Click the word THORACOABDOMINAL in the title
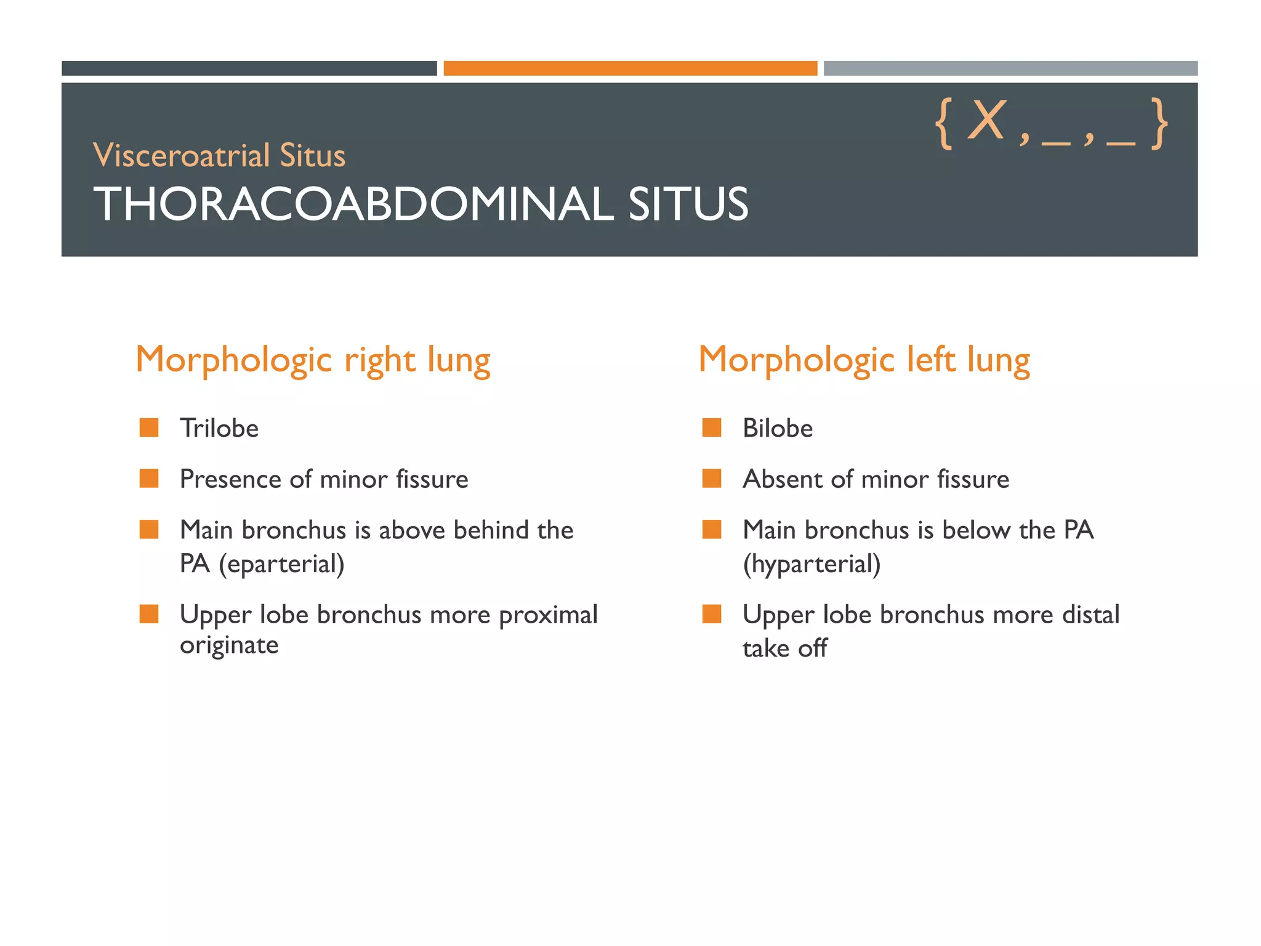[353, 204]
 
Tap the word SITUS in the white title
[688, 204]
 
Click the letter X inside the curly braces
[986, 121]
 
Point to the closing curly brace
[1160, 124]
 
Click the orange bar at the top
[630, 68]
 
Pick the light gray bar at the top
[1010, 68]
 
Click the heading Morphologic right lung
[313, 360]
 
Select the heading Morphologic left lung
[864, 360]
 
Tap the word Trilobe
[219, 429]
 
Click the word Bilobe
[778, 429]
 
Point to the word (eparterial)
[281, 564]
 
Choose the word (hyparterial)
[812, 564]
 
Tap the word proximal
[548, 615]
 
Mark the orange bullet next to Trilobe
[149, 427]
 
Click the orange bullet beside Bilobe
[712, 427]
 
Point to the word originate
[229, 645]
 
